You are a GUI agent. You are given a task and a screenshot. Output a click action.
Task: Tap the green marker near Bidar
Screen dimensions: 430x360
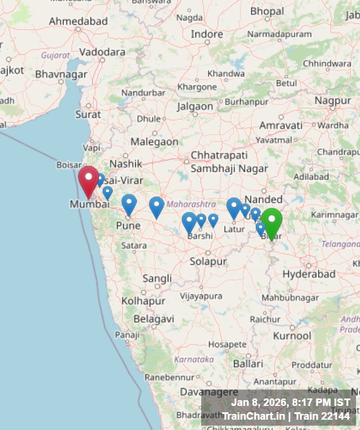[272, 221]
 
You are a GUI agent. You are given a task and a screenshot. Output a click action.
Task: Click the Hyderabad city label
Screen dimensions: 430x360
[308, 274]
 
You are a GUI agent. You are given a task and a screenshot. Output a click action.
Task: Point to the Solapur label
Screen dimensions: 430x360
[208, 261]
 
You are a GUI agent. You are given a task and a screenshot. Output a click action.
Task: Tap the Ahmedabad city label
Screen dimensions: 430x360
[78, 21]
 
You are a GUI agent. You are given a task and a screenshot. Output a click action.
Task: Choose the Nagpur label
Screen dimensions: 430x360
[332, 100]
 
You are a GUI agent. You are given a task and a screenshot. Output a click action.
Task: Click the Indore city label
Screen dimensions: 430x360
[207, 34]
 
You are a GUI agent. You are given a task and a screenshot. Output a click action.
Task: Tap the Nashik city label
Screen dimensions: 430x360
[126, 164]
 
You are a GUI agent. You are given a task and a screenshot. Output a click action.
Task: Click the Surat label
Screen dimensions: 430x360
[88, 114]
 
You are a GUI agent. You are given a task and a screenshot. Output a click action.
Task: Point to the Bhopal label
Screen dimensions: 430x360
[267, 11]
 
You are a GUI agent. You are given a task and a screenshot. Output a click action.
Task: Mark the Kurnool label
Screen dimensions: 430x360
[292, 335]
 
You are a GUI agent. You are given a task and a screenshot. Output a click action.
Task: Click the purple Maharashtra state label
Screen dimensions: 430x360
[191, 204]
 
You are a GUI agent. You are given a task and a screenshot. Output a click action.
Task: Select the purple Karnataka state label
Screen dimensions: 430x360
[194, 359]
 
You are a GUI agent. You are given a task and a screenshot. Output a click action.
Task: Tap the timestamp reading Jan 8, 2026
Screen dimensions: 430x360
[291, 402]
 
